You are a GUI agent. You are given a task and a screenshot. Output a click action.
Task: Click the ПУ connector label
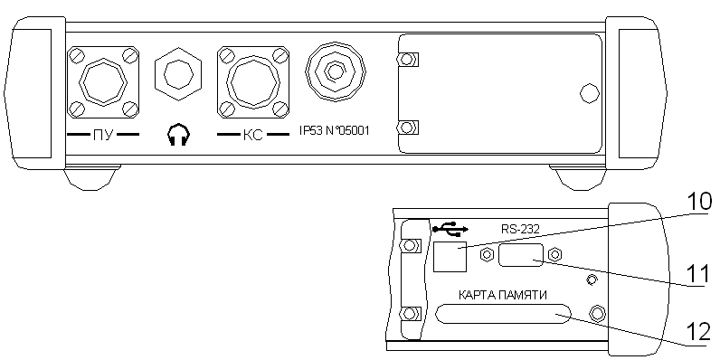pos(103,136)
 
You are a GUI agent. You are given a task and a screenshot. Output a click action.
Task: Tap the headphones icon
pos(178,135)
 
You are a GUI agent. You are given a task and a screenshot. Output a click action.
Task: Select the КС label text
pos(252,136)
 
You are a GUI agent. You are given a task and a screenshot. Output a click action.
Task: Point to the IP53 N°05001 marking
pos(334,132)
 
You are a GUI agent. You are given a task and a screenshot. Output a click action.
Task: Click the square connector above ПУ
pos(103,81)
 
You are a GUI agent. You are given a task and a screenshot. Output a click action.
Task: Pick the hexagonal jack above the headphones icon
pos(178,74)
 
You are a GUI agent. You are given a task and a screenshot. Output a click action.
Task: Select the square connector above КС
pos(253,81)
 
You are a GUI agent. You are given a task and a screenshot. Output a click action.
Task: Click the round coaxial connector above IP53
pos(336,71)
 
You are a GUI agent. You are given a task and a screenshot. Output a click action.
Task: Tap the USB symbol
pos(450,229)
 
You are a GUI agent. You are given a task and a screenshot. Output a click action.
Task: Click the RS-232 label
pos(520,229)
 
